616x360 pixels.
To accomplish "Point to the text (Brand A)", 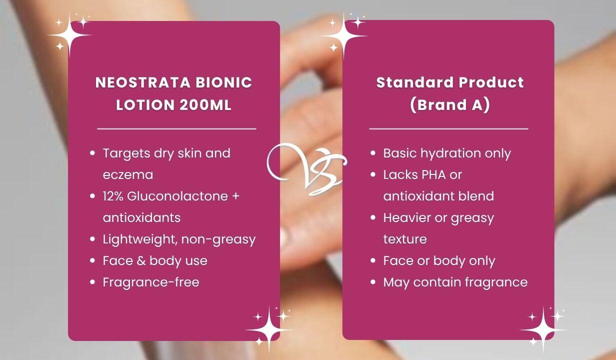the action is (450, 105).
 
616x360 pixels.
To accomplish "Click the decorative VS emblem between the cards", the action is (306, 168).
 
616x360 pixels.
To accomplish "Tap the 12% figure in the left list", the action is (113, 196).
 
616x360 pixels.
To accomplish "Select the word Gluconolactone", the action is (177, 196).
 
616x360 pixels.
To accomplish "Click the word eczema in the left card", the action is (128, 175).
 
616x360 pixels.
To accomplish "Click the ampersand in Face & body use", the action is (141, 260).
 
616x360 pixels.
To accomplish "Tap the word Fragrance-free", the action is (151, 282).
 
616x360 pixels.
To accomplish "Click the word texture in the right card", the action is (405, 239).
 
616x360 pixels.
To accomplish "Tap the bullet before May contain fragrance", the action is (373, 282).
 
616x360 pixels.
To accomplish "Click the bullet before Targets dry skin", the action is (92, 153).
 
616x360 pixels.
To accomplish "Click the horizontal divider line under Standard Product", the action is (448, 128).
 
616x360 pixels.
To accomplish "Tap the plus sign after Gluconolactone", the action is (235, 196).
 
